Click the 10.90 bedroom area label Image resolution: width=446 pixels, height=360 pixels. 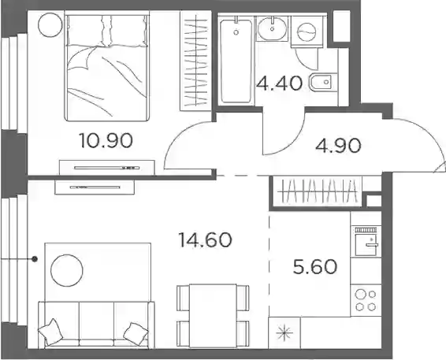[x=106, y=141]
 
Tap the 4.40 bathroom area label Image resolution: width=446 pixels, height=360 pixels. [x=279, y=84]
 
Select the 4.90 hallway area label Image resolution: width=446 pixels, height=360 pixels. [x=338, y=146]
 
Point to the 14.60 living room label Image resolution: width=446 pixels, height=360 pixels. [x=205, y=239]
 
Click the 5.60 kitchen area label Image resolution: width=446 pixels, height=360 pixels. [x=315, y=267]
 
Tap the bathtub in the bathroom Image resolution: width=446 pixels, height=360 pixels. [x=236, y=61]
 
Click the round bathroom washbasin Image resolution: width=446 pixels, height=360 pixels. [x=273, y=28]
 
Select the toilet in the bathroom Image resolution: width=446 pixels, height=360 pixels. [x=323, y=83]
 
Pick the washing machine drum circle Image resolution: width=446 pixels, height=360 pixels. [x=307, y=32]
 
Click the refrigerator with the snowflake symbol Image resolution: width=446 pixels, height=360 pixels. [x=284, y=332]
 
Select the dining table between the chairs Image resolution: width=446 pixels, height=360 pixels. [x=214, y=316]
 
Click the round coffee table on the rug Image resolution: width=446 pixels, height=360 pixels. [x=67, y=270]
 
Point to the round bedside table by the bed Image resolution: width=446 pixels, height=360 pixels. [x=50, y=24]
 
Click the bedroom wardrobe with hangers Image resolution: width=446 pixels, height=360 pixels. [x=195, y=61]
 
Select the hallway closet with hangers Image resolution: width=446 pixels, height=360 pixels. [x=317, y=191]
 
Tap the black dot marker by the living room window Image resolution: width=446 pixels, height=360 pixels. [x=35, y=259]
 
